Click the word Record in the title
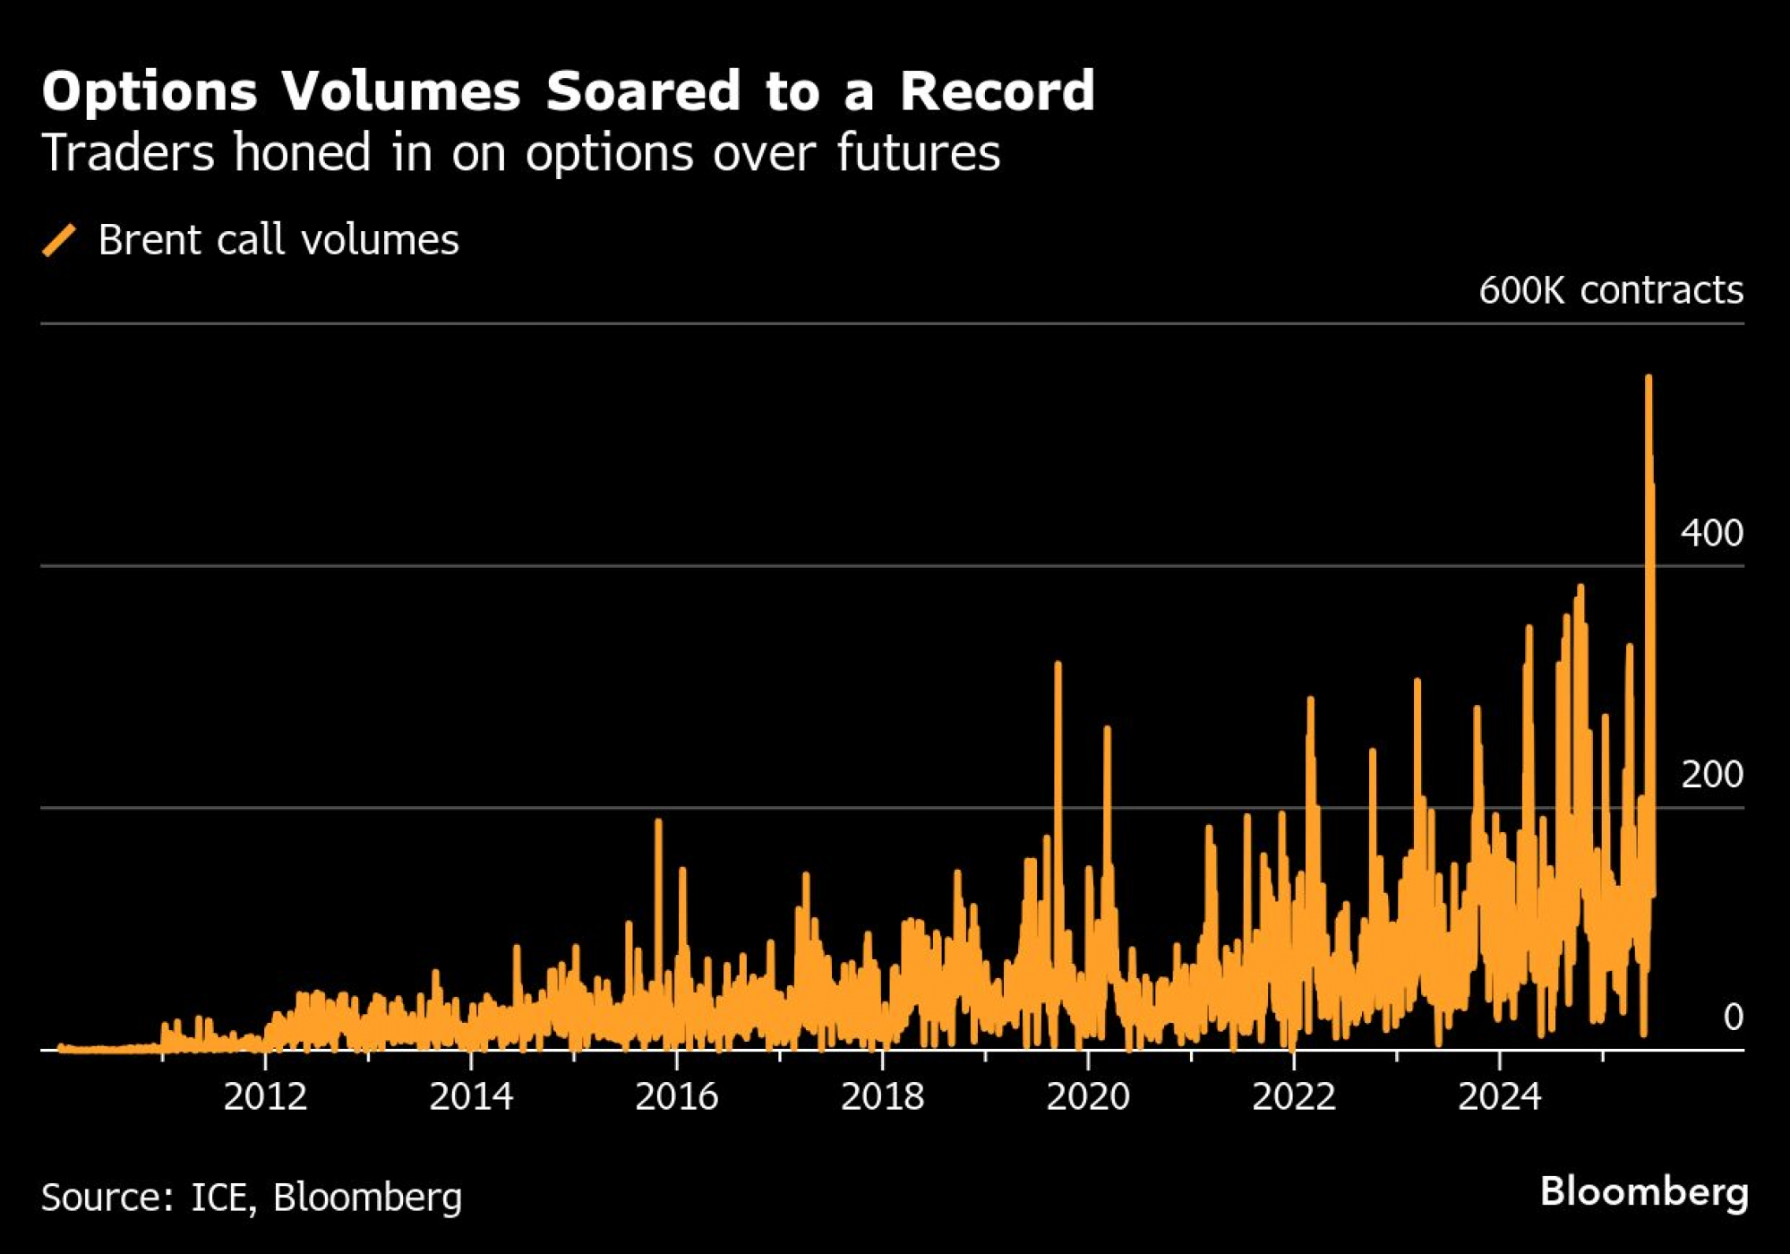tap(997, 91)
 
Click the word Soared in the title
tap(643, 91)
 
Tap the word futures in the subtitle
tap(918, 152)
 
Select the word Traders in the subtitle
tap(128, 152)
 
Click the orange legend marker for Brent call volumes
tap(59, 240)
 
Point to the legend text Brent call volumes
tap(278, 240)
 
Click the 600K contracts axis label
tap(1610, 290)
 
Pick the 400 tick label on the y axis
tap(1711, 534)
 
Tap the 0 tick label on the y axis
tap(1733, 1018)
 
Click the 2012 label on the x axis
tap(265, 1097)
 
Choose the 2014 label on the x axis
tap(471, 1097)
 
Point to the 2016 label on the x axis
tap(677, 1097)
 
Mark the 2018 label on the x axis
tap(882, 1097)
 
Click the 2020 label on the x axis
tap(1088, 1097)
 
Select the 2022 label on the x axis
tap(1294, 1097)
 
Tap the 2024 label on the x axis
tap(1500, 1097)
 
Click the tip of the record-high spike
tap(1648, 379)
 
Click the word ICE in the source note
tap(218, 1198)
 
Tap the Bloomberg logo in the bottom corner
tap(1644, 1192)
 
